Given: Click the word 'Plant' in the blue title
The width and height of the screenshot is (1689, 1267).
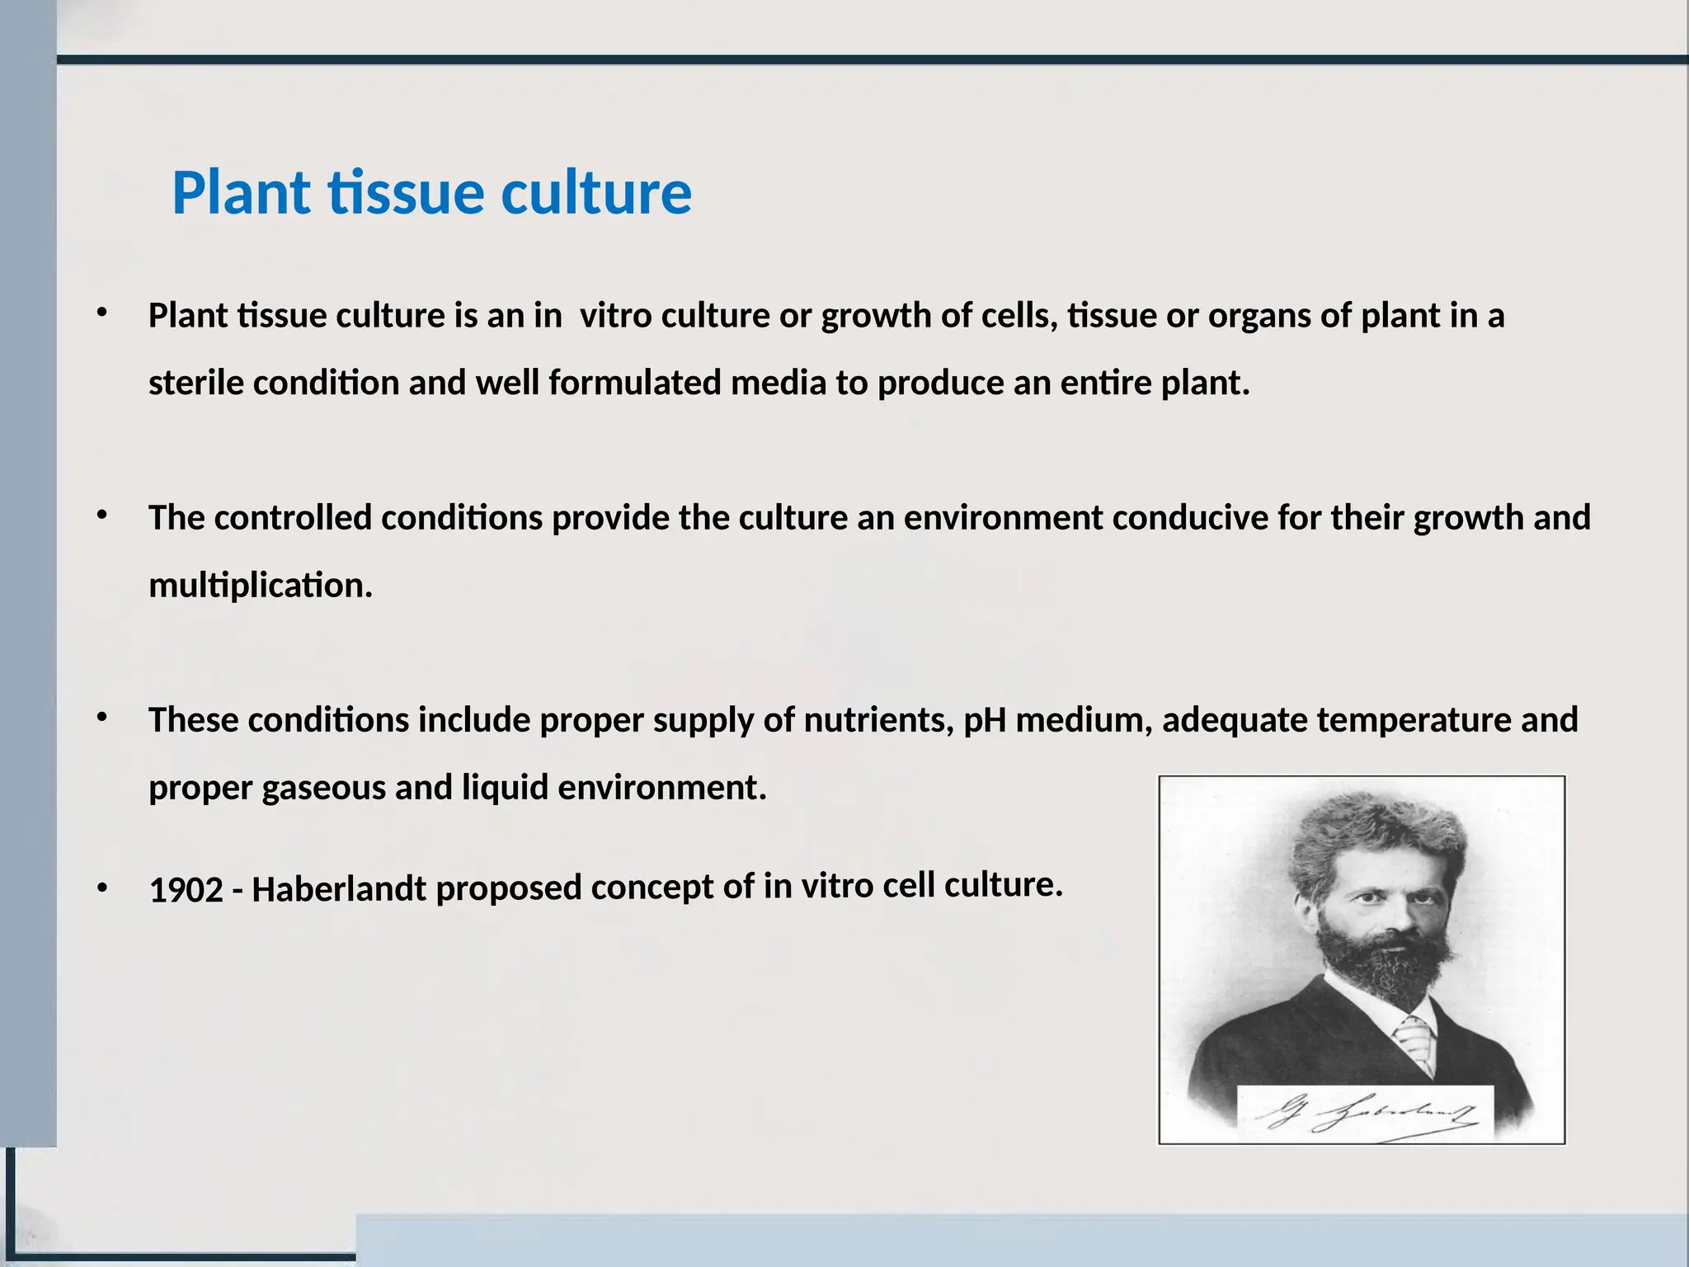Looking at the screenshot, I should pos(241,193).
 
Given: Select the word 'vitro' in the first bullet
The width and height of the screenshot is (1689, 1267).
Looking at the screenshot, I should pos(615,316).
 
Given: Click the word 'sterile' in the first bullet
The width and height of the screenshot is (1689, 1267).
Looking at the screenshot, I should pos(195,384).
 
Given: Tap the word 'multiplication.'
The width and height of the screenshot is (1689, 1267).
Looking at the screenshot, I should pos(261,586).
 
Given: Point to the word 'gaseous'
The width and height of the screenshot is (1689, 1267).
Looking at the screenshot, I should pos(323,788).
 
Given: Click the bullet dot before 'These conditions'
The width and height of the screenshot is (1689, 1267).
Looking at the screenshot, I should pos(101,718).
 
